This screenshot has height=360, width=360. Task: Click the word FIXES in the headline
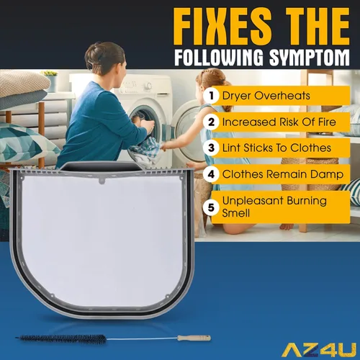coord(222,27)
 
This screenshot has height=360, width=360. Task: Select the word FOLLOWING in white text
coord(219,58)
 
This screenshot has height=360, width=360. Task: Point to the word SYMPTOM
coord(309,58)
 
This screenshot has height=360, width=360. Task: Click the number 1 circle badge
coord(211,96)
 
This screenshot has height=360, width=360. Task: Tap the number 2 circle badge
coord(211,122)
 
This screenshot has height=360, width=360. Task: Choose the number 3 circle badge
coord(211,148)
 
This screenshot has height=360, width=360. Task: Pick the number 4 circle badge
coord(211,174)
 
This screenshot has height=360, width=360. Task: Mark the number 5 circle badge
coord(211,207)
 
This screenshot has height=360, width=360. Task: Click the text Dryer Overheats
coord(266,96)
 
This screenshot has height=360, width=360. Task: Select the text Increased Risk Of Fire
coord(279,122)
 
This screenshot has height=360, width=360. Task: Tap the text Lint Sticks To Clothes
coord(276,148)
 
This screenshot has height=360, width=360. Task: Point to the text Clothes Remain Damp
coord(283,174)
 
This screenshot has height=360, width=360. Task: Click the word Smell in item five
coord(235,213)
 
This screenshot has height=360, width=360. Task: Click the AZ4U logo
coord(319,350)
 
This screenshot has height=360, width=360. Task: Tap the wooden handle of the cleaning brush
coord(194,338)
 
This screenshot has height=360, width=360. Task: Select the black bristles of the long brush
coord(62,339)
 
